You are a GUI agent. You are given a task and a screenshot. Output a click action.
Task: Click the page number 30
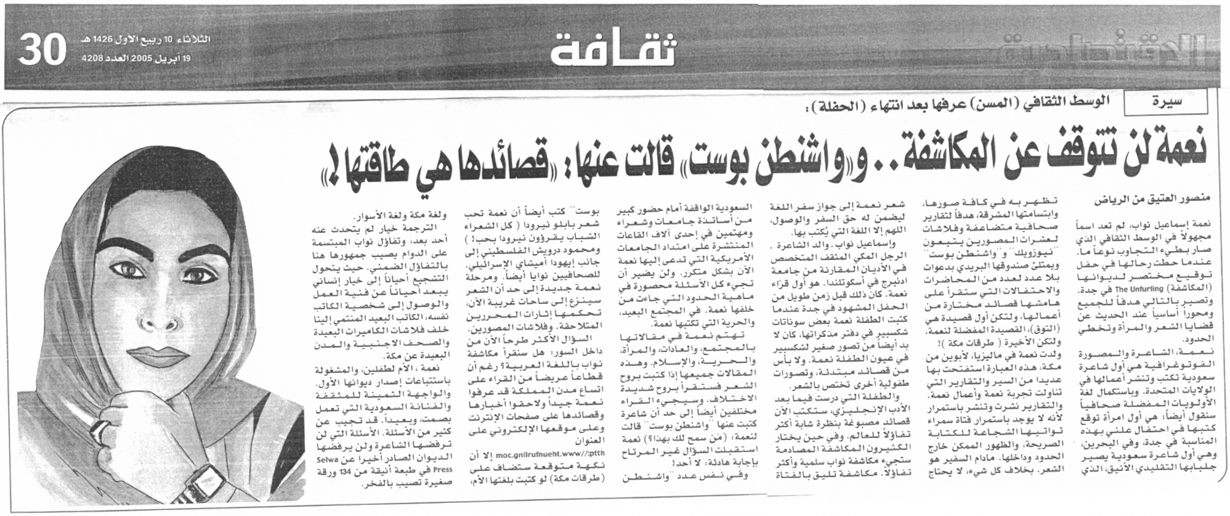point(42,49)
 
